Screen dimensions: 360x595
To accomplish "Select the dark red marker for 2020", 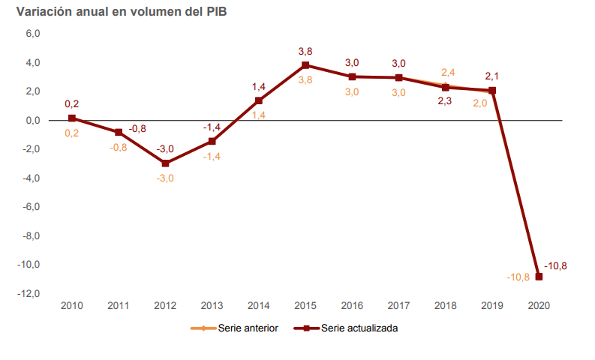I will [539, 277].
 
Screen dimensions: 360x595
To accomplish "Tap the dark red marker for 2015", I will [305, 65].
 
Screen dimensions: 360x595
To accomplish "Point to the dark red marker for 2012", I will [165, 163].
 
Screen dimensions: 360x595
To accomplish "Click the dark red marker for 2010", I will [72, 118].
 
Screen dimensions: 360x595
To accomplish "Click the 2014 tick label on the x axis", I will [259, 306].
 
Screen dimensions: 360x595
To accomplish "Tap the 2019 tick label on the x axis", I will [492, 306].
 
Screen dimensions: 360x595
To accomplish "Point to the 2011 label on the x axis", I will [119, 306].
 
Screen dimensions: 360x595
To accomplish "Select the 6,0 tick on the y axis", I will [33, 34].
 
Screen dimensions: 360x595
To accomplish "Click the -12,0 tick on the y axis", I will [30, 294].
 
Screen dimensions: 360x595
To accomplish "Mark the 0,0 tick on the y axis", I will [33, 121].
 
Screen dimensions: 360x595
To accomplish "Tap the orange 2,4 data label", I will [449, 73].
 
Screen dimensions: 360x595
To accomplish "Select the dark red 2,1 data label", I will [492, 76].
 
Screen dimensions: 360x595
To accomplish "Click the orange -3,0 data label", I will [165, 178].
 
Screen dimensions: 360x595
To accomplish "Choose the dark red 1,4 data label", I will [259, 87].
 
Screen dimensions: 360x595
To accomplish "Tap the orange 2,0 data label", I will [480, 103].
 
